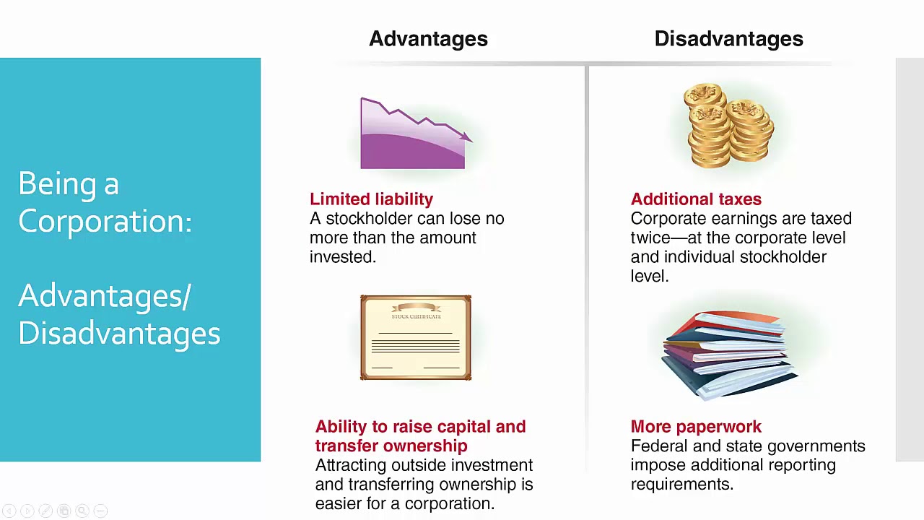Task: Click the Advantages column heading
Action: pos(428,39)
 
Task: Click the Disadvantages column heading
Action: pos(728,39)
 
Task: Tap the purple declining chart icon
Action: pos(413,136)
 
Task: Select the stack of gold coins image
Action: pos(729,126)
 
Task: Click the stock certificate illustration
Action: pos(416,337)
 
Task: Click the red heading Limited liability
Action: pos(371,199)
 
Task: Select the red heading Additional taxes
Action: pos(696,199)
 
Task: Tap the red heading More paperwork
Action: pos(696,427)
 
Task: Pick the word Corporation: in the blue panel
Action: pos(105,222)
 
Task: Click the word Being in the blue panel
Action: pos(54,184)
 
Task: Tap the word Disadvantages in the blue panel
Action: pos(119,334)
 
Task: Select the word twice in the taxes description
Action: pos(653,238)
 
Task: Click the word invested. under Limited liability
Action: pos(343,257)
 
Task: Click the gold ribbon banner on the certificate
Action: pos(416,308)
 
